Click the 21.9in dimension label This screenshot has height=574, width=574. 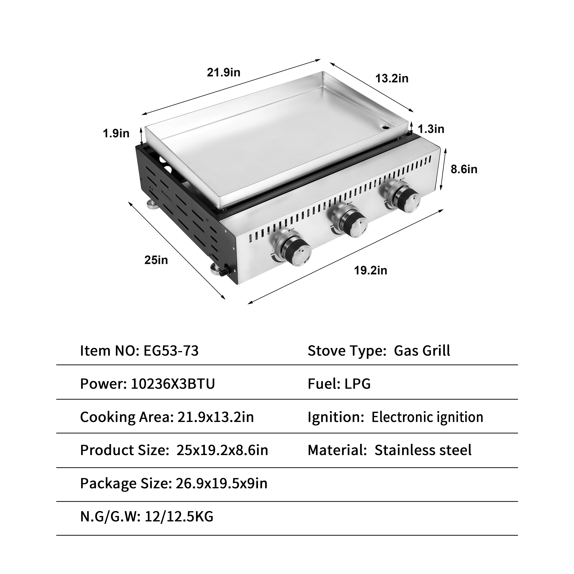(223, 72)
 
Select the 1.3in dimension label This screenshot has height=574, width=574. (431, 129)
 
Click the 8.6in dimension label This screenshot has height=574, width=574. (464, 169)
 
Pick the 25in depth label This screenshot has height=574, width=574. (156, 260)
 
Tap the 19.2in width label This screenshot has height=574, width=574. (370, 271)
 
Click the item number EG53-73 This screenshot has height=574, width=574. (171, 351)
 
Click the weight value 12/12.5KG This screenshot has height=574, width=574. (179, 517)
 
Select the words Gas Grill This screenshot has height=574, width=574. (422, 351)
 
